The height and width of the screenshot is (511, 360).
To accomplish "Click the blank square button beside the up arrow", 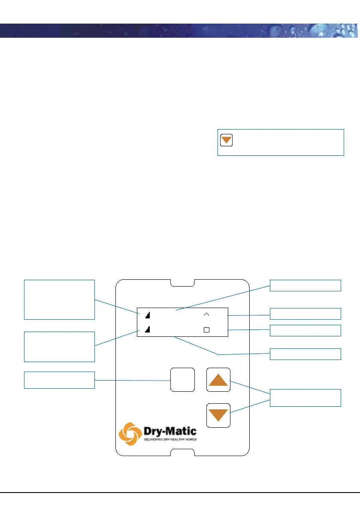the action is click(182, 379).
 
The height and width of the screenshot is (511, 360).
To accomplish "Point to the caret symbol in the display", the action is click(206, 314).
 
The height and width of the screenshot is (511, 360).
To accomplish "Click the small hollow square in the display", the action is click(206, 330).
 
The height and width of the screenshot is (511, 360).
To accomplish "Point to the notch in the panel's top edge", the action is click(183, 283).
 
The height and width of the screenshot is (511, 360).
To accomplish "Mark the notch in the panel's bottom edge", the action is click(183, 452).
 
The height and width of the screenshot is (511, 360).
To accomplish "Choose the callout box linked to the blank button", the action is click(59, 380).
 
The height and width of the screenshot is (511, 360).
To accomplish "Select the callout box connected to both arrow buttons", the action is click(306, 398).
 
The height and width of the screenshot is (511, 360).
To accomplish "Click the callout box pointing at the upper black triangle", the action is click(59, 299).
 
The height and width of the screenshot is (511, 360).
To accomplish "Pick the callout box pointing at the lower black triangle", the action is click(59, 346).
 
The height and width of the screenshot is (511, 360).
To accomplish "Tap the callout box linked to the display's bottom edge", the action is click(306, 354).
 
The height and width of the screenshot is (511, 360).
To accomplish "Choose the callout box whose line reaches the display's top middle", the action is click(306, 285).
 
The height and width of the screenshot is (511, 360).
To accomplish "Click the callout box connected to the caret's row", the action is click(306, 314).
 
